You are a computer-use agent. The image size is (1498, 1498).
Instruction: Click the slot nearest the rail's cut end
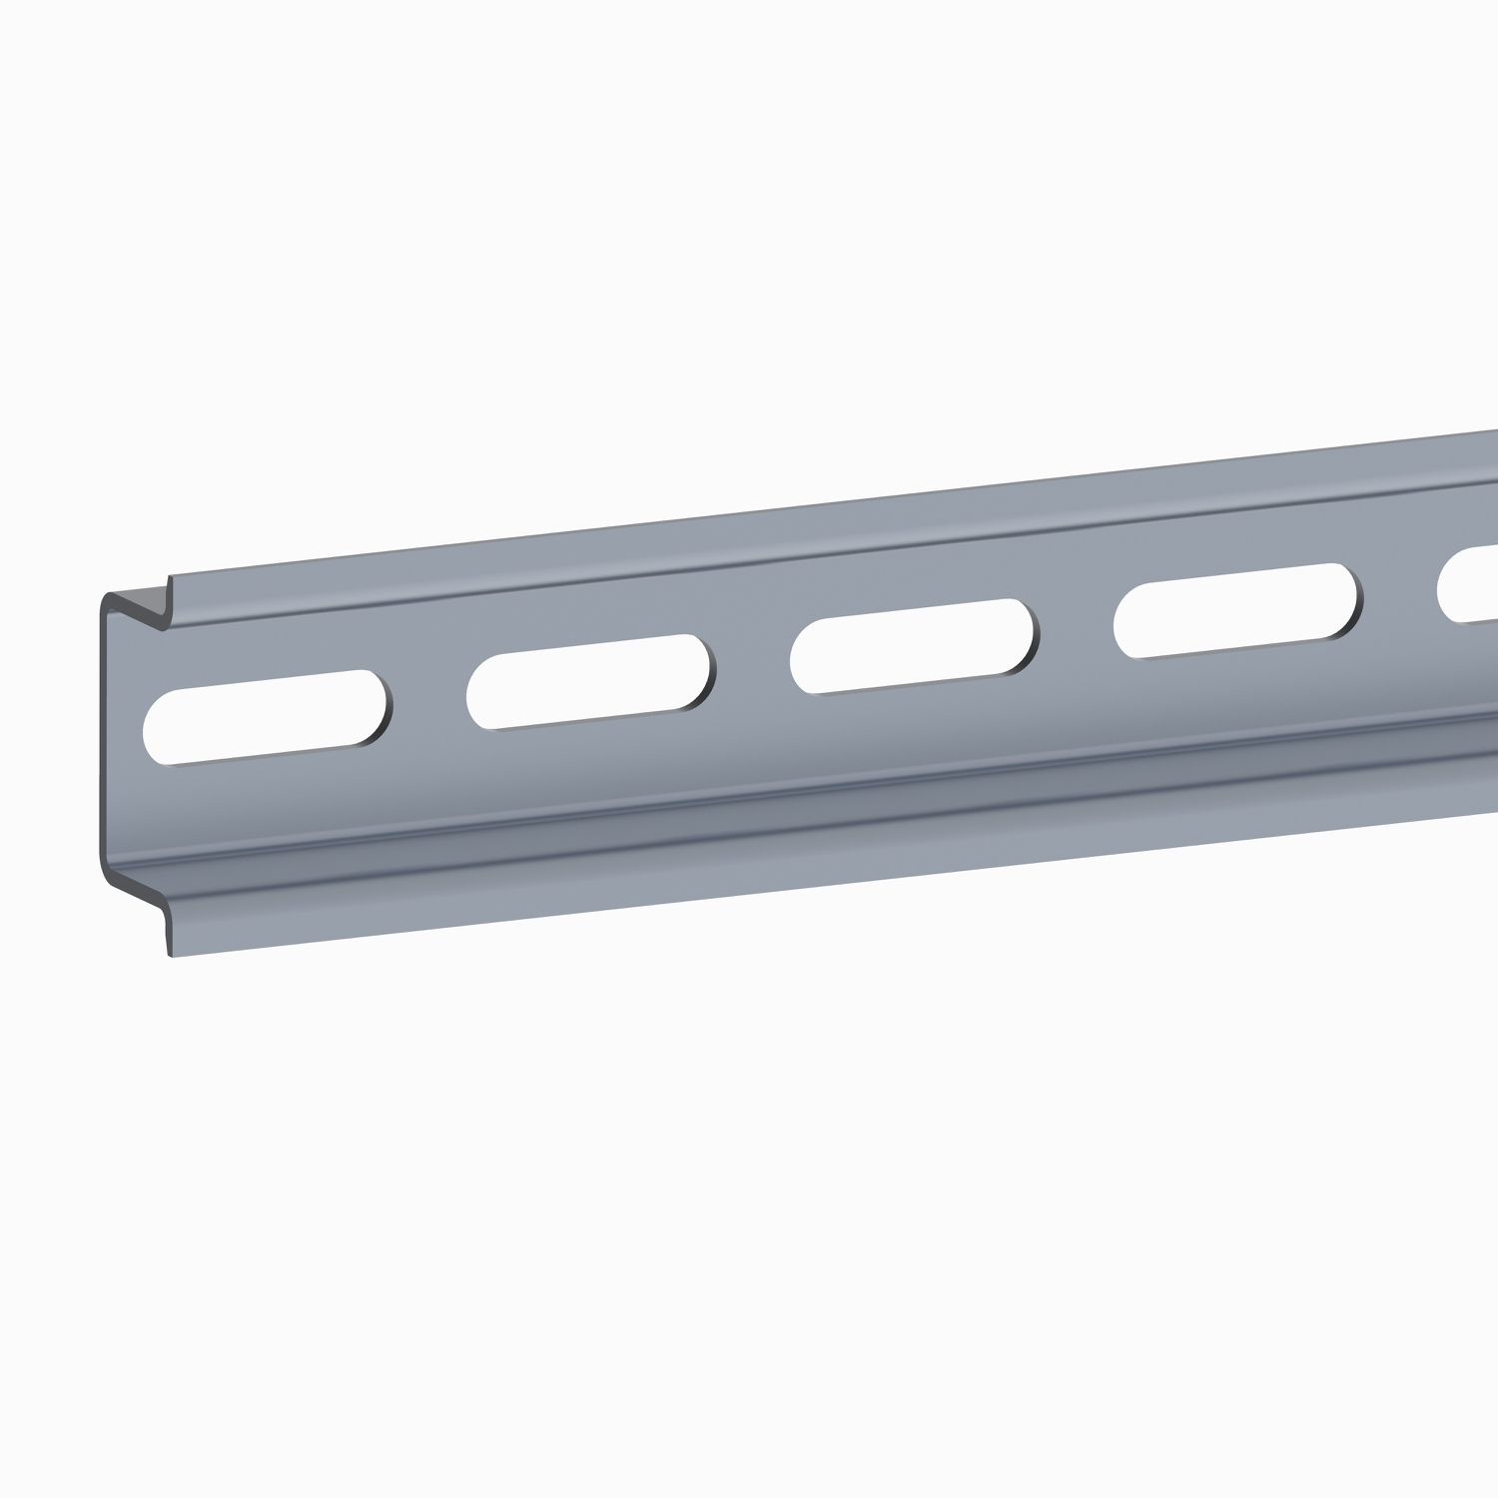tap(268, 717)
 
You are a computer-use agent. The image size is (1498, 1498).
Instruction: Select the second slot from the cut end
tap(591, 681)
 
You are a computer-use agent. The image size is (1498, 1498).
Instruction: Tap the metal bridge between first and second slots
tap(429, 699)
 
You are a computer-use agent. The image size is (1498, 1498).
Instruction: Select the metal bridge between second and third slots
tap(753, 663)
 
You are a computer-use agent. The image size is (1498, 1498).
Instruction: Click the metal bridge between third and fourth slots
tap(1077, 628)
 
